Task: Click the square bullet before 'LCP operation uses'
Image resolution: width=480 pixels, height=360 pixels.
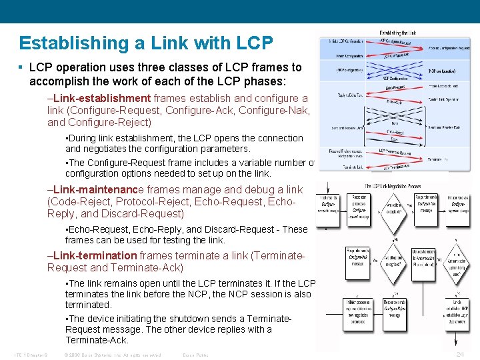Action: [22, 68]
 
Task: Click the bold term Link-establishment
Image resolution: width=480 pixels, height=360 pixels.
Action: [101, 99]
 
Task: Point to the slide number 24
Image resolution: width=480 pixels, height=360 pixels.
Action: [460, 354]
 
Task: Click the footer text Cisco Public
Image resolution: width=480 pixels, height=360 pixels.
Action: [195, 355]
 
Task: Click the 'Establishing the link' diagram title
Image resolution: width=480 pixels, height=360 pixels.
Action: [398, 32]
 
